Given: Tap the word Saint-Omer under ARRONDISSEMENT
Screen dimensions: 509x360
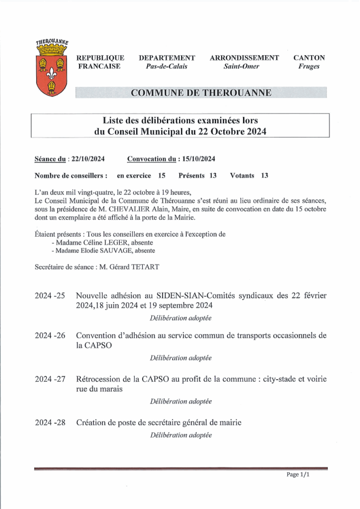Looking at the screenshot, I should coord(242,67).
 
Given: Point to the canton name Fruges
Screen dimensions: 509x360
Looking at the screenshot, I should coord(309,67).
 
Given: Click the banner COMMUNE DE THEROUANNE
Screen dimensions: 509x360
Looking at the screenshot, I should coord(201,93).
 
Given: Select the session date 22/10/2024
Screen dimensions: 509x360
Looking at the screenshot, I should coord(88,159).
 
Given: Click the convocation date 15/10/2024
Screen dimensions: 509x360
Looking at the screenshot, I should coord(198,159).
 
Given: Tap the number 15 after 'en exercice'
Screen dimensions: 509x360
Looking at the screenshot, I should coord(162,176).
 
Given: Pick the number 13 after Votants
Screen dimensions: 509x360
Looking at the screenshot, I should coord(265,176).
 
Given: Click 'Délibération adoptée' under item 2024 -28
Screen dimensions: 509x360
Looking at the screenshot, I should coord(180,435).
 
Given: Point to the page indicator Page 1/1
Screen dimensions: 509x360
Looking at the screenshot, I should coord(298,475).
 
